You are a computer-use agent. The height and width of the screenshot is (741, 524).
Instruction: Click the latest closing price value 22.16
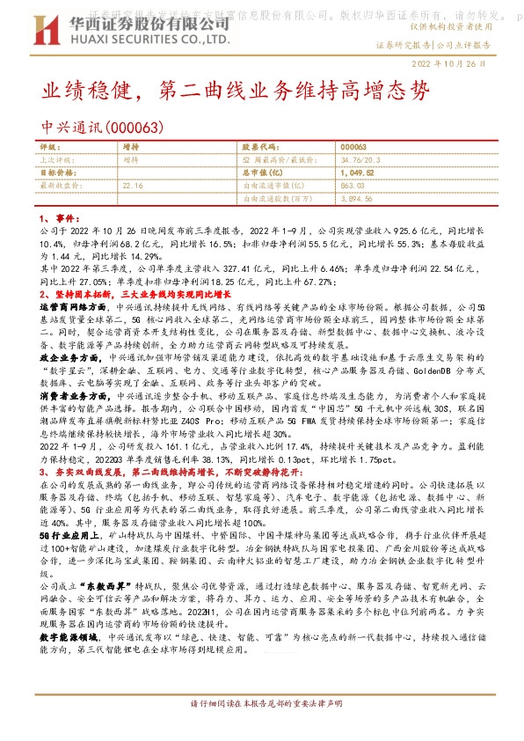coord(133,186)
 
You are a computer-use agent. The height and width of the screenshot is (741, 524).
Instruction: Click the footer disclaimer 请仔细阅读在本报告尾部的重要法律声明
coord(263,729)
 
